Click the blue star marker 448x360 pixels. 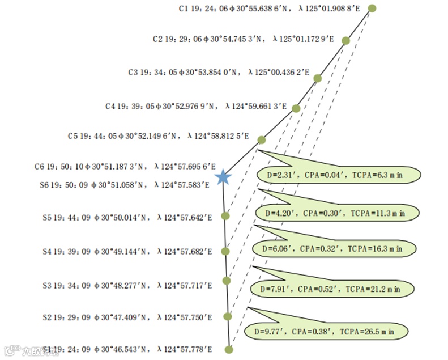pyautogui.click(x=224, y=177)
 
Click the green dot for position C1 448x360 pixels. pyautogui.click(x=372, y=8)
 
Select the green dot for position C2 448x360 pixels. pyautogui.click(x=345, y=41)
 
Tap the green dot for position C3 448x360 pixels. pyautogui.click(x=318, y=78)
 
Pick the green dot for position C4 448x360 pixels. pyautogui.click(x=296, y=108)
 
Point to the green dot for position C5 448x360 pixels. pyautogui.click(x=261, y=139)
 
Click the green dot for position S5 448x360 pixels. pyautogui.click(x=225, y=215)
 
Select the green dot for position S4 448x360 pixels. pyautogui.click(x=225, y=251)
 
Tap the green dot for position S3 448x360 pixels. pyautogui.click(x=227, y=280)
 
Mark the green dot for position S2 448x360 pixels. pyautogui.click(x=228, y=316)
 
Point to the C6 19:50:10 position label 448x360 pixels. pyautogui.click(x=125, y=167)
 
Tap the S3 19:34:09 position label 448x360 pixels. pyautogui.click(x=127, y=286)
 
